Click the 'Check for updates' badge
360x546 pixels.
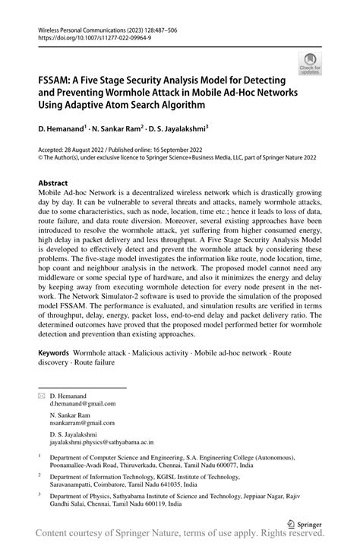click(x=310, y=64)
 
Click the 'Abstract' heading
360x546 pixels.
click(x=53, y=183)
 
